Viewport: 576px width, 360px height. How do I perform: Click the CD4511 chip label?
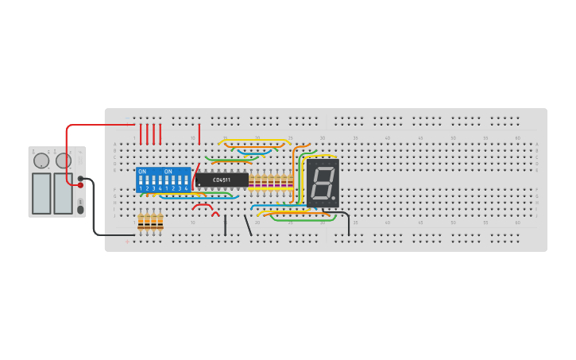[x=222, y=180]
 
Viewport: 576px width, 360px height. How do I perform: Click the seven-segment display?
[x=323, y=184]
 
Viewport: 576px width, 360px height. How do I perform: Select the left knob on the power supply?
[x=41, y=161]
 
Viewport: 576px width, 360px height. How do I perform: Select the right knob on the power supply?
[x=63, y=161]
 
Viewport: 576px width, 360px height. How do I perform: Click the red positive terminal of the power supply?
[x=80, y=185]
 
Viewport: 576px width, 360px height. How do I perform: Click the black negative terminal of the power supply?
[x=80, y=178]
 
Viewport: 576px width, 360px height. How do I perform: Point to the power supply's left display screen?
[x=41, y=193]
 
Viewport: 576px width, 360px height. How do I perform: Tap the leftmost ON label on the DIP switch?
[x=141, y=171]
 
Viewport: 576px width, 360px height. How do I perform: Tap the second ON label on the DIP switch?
[x=168, y=171]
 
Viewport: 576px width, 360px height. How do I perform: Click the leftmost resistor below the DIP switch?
[x=141, y=222]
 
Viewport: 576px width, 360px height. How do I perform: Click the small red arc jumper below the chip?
[x=215, y=213]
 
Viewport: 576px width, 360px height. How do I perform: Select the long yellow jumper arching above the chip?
[x=254, y=143]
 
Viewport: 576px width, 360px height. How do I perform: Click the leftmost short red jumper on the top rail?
[x=141, y=133]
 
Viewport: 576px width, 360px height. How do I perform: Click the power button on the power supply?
[x=79, y=210]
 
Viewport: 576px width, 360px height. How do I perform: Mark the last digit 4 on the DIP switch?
[x=186, y=188]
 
